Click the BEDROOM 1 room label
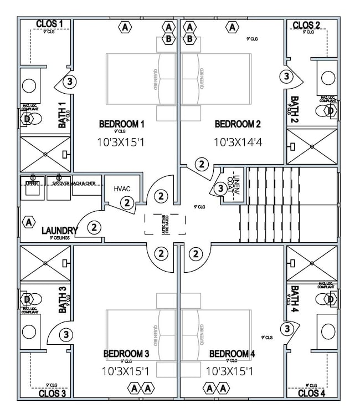(x=122, y=124)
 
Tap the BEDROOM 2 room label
(x=238, y=124)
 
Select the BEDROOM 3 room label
(x=126, y=354)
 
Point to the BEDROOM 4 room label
(x=232, y=354)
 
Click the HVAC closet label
(x=122, y=189)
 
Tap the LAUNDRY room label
(x=60, y=230)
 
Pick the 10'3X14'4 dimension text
(x=238, y=142)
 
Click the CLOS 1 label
(x=49, y=24)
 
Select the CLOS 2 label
(x=306, y=25)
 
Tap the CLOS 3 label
(x=53, y=393)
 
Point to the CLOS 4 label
(x=312, y=393)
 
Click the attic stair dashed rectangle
(x=165, y=224)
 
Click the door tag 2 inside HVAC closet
(x=127, y=203)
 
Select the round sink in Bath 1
(x=29, y=86)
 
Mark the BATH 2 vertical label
(x=295, y=108)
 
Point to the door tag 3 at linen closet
(x=220, y=188)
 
